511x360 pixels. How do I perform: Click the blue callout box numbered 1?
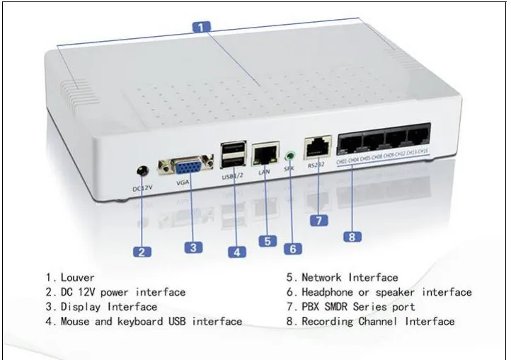click(x=202, y=27)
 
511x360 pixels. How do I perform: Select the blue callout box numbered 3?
click(x=194, y=247)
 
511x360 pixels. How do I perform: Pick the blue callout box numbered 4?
click(x=236, y=250)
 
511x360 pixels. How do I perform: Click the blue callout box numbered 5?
click(x=267, y=241)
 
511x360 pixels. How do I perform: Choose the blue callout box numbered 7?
click(x=318, y=220)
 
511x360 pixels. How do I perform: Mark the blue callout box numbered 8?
click(x=352, y=236)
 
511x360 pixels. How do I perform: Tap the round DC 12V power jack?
click(x=142, y=171)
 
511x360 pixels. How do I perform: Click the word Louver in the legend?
click(x=77, y=277)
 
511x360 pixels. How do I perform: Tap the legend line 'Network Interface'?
click(x=350, y=277)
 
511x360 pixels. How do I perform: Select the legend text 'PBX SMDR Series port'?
click(x=358, y=307)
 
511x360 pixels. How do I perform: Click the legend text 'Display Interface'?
click(x=109, y=307)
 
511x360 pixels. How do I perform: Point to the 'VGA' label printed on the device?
click(x=184, y=183)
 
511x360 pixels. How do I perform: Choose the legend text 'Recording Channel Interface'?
click(x=378, y=321)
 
